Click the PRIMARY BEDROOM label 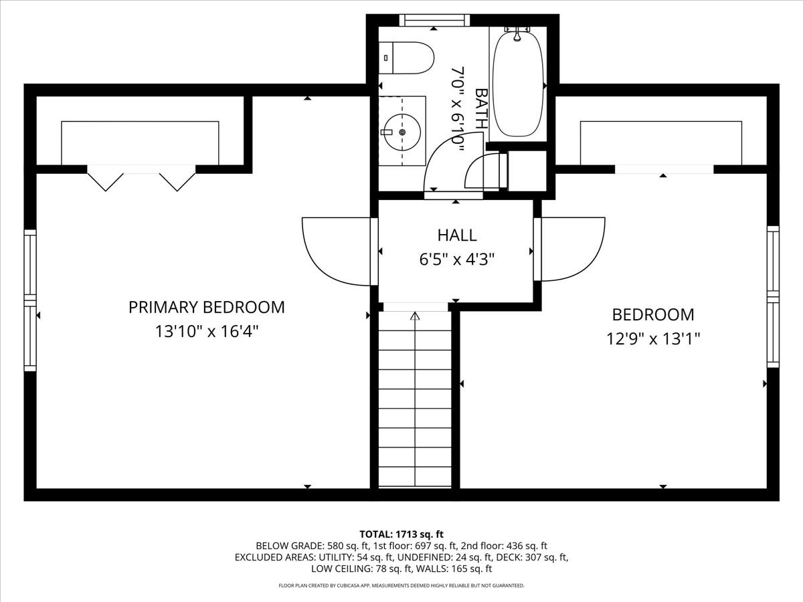206,307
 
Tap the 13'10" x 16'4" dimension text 206,332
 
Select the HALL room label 457,235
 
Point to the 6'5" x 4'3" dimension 457,259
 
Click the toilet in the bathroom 406,58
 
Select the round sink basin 403,132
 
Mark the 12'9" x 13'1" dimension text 653,339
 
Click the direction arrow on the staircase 415,316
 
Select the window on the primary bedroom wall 30,300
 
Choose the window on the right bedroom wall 773,296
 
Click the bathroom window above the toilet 434,20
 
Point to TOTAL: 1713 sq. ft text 401,534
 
